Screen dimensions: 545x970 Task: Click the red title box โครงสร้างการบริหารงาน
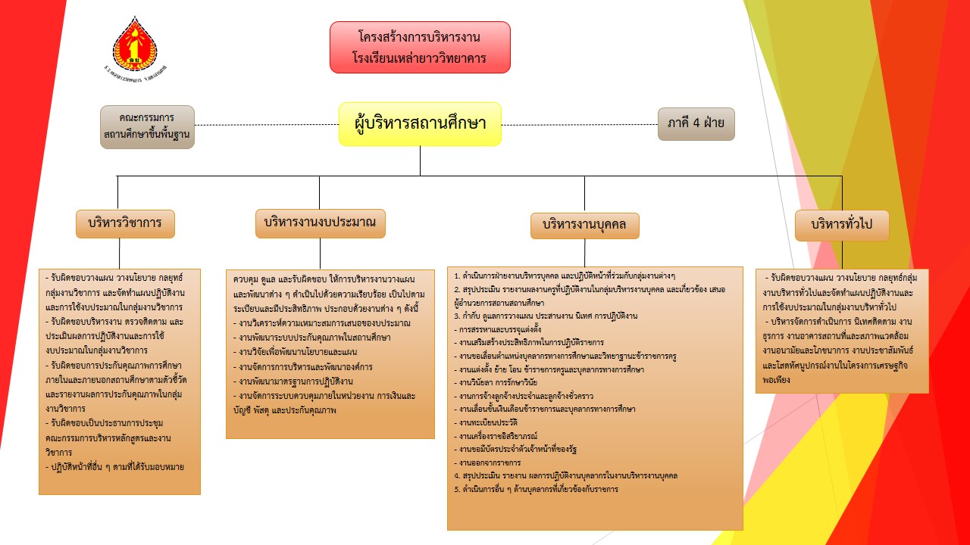point(420,47)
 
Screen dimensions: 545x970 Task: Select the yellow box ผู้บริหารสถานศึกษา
point(420,123)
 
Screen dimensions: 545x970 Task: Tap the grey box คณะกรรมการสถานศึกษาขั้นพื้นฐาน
point(147,126)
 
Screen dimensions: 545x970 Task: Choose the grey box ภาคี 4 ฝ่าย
point(696,123)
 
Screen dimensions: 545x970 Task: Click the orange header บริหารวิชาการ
point(125,223)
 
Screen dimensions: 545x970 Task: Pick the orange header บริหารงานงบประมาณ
point(320,223)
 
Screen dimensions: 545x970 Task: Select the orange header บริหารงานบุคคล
point(584,226)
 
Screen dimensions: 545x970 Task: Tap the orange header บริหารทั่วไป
point(841,224)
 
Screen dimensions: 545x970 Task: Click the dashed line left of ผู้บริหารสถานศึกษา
point(265,125)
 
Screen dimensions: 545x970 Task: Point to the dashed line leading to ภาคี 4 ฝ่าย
point(580,125)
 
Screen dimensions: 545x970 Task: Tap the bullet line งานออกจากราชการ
point(490,462)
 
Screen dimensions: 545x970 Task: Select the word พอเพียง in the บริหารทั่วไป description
point(778,380)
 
